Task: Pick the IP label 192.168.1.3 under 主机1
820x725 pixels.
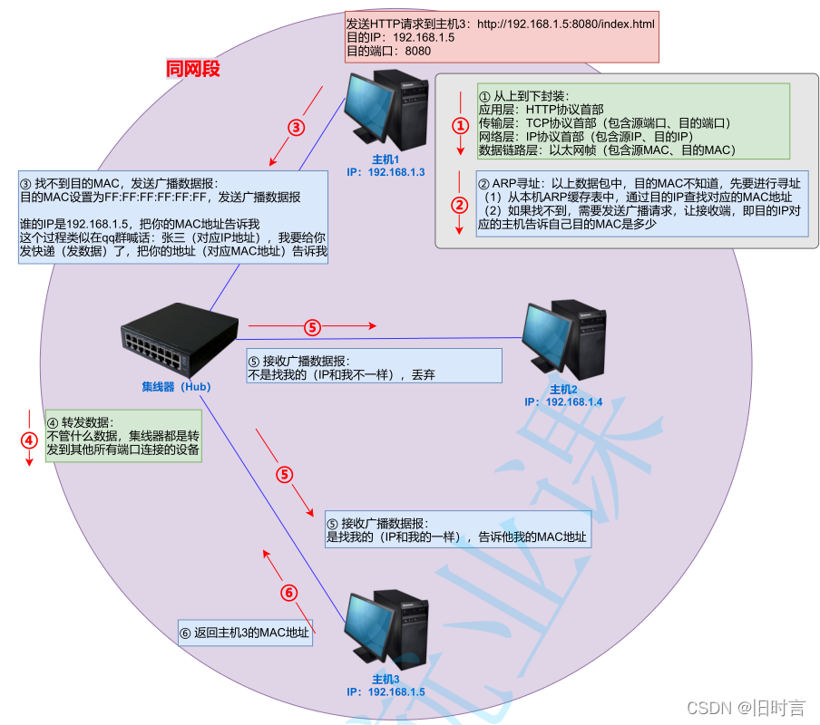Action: [386, 171]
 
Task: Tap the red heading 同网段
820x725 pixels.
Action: [192, 69]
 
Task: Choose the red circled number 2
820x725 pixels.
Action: [461, 206]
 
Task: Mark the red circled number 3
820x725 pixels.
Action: [296, 128]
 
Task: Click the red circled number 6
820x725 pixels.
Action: [288, 593]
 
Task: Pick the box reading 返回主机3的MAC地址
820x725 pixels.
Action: [245, 632]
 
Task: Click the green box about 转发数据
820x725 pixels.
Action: [123, 436]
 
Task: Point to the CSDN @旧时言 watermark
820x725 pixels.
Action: [746, 707]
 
